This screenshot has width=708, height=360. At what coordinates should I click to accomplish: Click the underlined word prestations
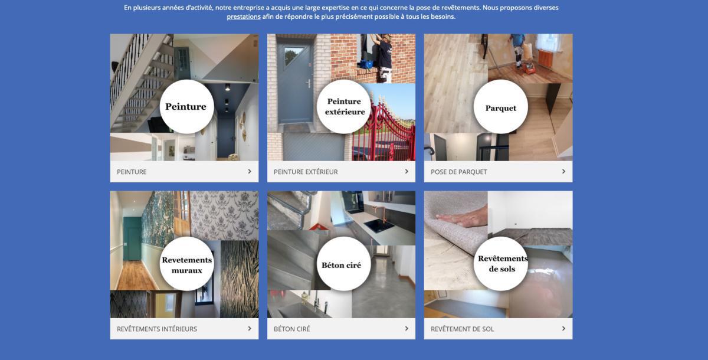coord(243,17)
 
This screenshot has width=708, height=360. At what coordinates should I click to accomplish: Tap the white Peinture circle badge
coord(187,106)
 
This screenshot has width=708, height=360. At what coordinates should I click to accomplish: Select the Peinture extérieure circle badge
coord(344,106)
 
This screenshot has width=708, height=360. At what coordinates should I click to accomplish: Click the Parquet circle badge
coord(501,106)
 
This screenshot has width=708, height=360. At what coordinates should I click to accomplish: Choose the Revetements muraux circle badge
coord(187,264)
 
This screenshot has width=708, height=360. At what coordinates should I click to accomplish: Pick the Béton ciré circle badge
coord(344,264)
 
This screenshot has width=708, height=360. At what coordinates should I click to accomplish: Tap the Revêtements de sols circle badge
coord(501,264)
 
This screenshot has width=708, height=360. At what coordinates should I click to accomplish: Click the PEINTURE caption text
coord(132,172)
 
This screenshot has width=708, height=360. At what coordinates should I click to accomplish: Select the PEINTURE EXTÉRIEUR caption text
coord(306,172)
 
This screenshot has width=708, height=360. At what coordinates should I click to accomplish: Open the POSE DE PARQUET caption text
coord(458,172)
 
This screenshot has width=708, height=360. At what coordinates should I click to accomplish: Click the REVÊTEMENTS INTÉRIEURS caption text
coord(157,329)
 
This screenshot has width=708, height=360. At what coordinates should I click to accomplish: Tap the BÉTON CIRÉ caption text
coord(291,329)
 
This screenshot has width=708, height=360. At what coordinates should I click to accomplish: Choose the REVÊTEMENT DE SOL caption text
coord(462,329)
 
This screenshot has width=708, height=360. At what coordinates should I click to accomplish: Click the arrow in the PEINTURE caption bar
coord(250,171)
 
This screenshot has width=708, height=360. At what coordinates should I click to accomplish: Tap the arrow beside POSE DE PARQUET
coord(563,171)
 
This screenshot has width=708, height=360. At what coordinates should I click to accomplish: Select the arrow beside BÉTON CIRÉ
coord(407,328)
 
